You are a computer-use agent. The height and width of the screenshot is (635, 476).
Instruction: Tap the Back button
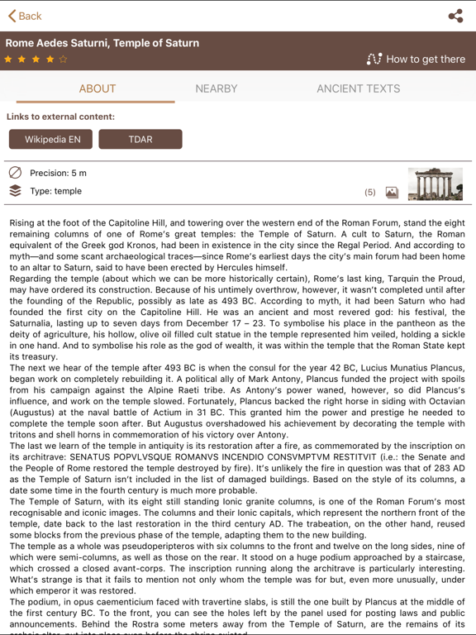(25, 16)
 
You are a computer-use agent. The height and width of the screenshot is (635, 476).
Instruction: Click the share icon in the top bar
(455, 16)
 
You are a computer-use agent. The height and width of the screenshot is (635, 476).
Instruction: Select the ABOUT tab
(98, 88)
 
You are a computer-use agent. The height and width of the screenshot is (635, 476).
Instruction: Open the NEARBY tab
(217, 88)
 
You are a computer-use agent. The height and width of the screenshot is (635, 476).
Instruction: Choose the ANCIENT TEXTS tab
(358, 88)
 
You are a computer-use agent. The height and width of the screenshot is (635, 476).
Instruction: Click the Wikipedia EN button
(53, 140)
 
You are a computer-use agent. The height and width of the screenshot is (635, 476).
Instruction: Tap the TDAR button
(140, 140)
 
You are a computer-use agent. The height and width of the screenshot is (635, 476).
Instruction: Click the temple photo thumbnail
(435, 184)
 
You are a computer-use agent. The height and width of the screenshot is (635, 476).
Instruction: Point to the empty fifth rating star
(64, 60)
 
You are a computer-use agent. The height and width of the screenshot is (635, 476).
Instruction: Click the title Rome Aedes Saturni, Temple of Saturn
(102, 43)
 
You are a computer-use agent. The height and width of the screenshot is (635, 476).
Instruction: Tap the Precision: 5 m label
(58, 173)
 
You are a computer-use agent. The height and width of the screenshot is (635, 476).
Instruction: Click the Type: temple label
(55, 191)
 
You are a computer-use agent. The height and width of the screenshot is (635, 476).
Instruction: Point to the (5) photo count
(369, 192)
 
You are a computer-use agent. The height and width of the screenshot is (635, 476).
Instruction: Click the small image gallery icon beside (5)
(392, 192)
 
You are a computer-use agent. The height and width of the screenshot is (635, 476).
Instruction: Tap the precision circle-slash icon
(15, 173)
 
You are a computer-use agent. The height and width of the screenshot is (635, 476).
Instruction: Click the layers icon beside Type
(15, 191)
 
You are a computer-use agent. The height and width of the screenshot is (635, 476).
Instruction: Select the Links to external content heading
(60, 117)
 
